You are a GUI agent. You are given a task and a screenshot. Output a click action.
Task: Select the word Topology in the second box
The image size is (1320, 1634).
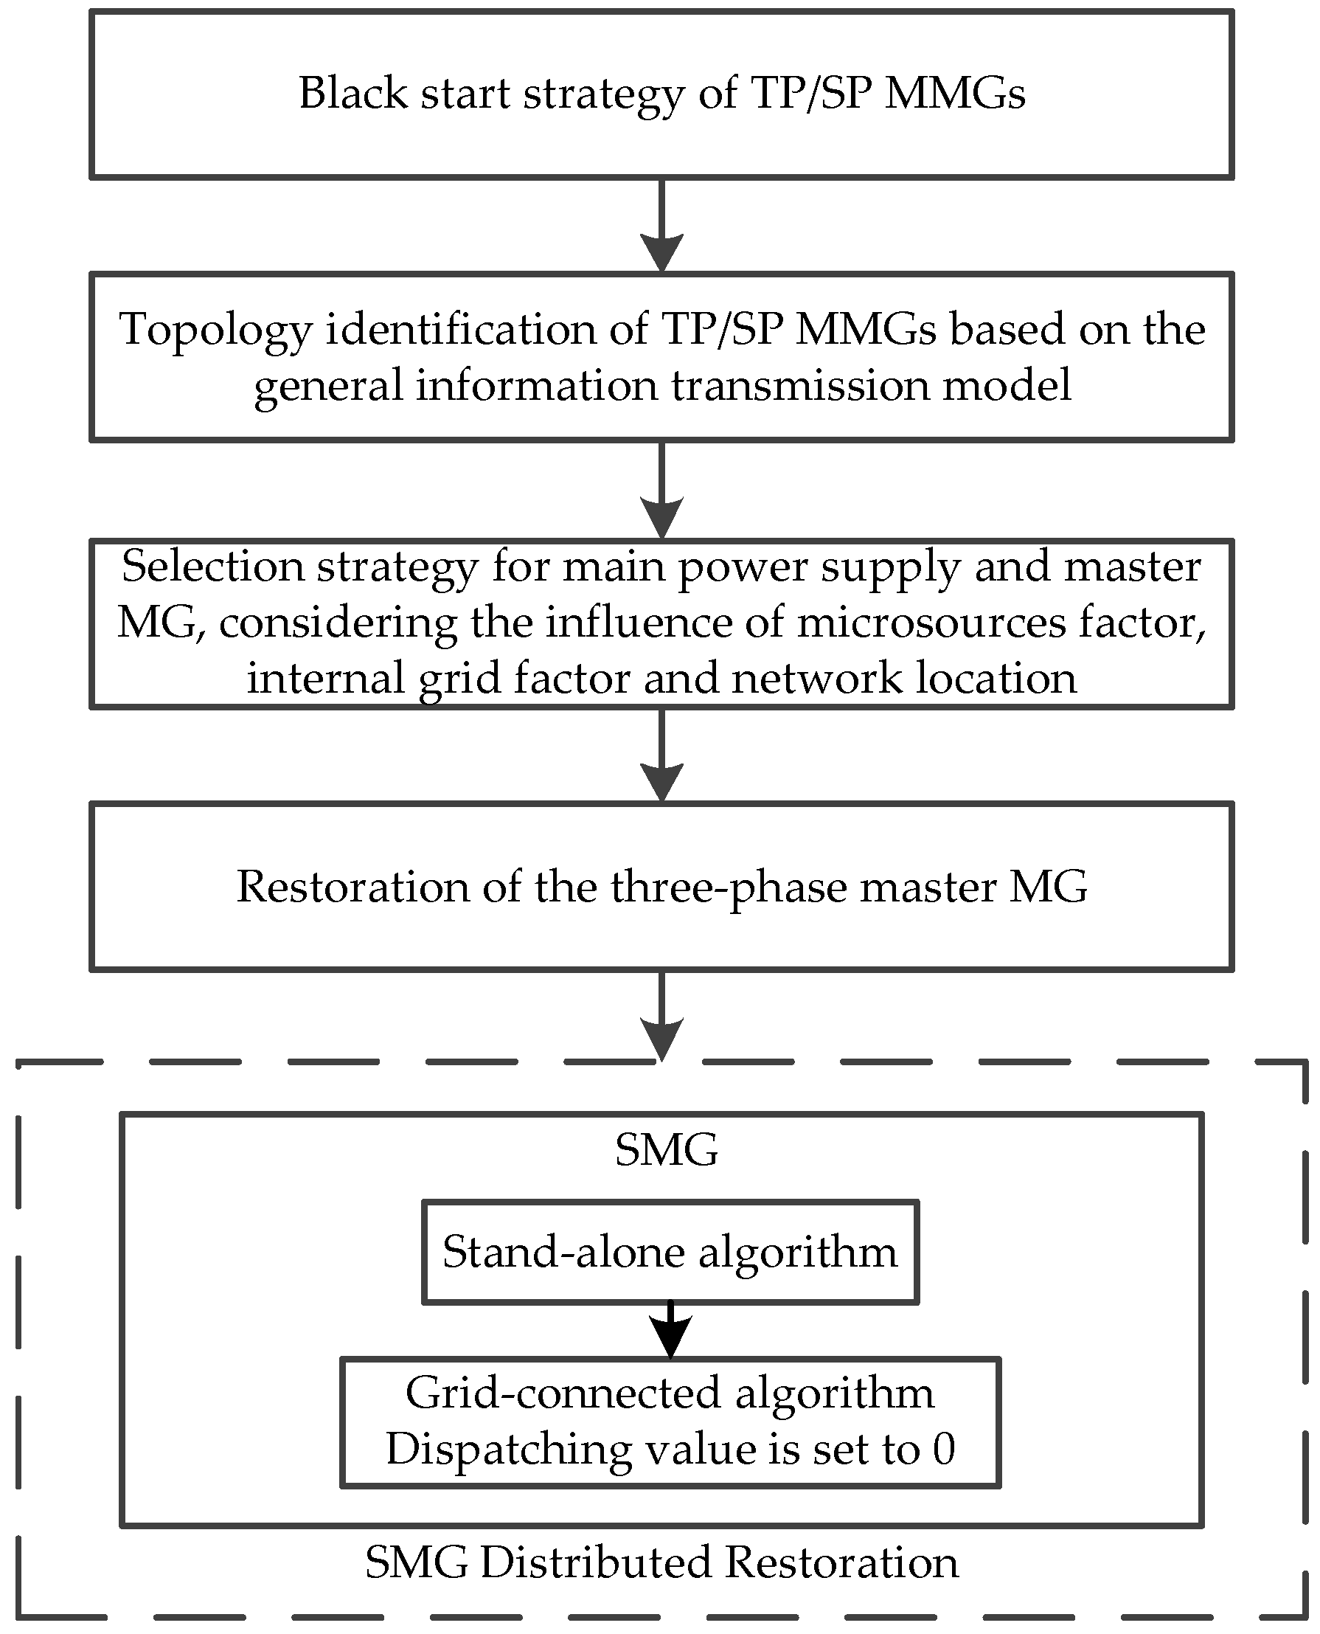(x=216, y=330)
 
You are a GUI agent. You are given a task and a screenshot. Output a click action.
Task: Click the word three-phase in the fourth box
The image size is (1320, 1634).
(x=729, y=887)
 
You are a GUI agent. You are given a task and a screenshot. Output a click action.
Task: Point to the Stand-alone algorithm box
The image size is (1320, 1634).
(x=670, y=1252)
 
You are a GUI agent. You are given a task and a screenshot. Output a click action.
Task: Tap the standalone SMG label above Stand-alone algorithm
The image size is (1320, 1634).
(x=666, y=1150)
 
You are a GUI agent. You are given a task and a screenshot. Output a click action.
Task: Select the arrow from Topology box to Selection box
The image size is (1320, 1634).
(x=661, y=491)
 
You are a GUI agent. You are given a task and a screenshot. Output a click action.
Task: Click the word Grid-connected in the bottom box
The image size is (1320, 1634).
(x=563, y=1394)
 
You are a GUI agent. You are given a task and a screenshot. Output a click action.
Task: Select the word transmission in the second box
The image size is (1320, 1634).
(x=800, y=385)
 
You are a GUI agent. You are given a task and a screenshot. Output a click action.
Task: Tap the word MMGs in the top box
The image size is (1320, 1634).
(x=955, y=94)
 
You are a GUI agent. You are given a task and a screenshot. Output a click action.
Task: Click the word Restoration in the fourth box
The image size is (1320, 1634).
(x=352, y=887)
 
